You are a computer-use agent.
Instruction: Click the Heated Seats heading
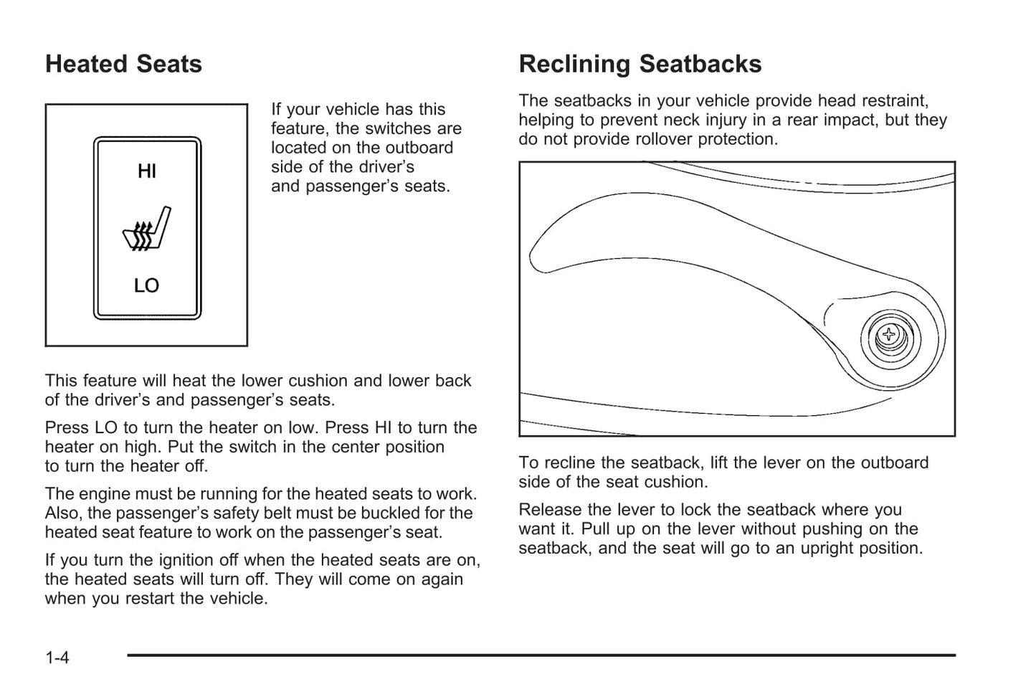(123, 65)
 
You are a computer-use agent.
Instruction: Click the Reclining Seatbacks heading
(640, 65)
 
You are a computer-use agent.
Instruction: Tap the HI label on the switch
(146, 171)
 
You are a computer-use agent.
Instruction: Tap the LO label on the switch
(146, 285)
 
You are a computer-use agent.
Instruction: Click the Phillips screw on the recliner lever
(889, 334)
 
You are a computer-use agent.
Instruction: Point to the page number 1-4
(57, 657)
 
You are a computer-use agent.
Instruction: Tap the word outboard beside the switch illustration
(417, 148)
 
